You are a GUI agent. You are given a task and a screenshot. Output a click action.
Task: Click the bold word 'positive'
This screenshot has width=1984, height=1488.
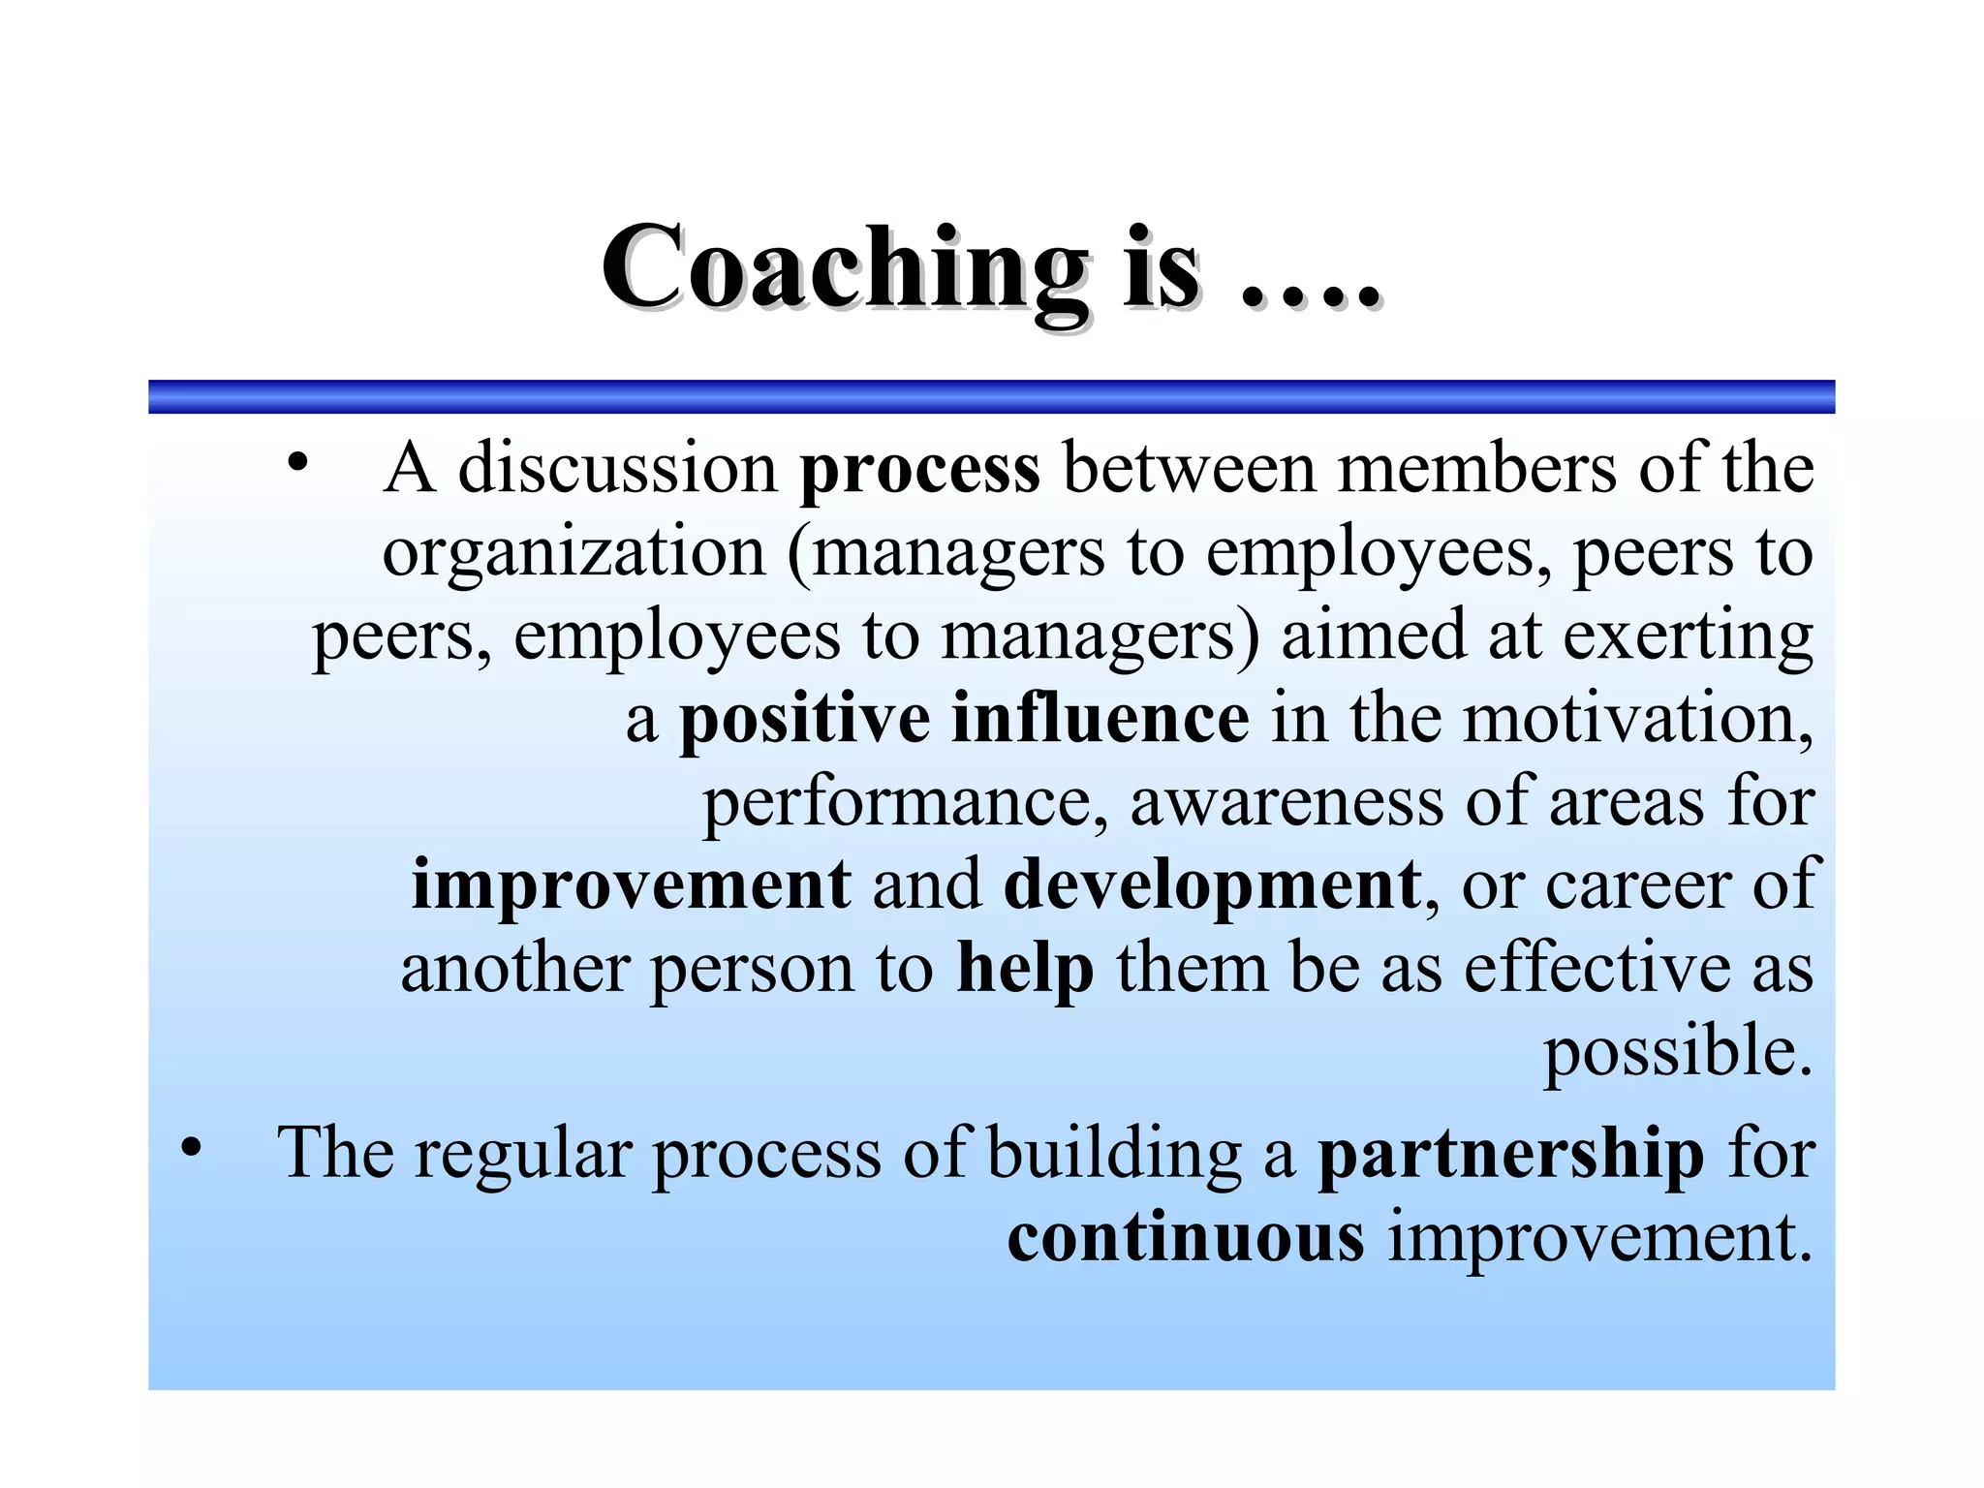(805, 719)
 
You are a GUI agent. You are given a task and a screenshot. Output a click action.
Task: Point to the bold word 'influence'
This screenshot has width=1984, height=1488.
(1100, 719)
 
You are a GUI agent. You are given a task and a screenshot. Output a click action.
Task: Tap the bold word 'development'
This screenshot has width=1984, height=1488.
(1212, 885)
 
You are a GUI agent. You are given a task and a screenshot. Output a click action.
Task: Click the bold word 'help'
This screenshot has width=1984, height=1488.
(1025, 968)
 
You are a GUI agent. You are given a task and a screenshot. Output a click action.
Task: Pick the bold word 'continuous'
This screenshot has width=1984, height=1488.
(1186, 1238)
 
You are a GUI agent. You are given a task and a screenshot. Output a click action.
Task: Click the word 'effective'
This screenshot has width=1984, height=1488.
(1596, 968)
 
